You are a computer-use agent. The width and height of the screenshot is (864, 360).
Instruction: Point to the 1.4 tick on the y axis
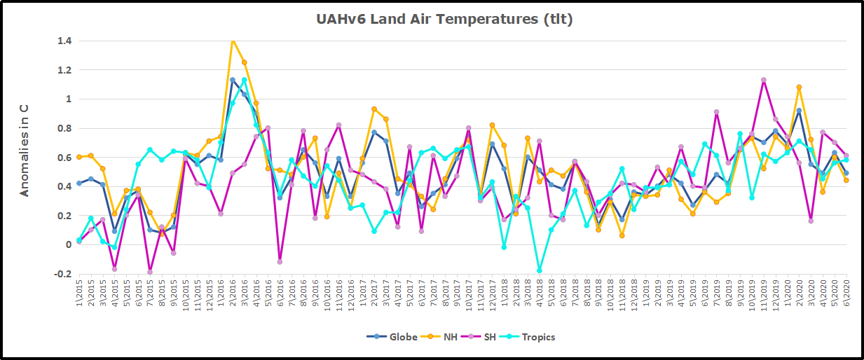coord(64,41)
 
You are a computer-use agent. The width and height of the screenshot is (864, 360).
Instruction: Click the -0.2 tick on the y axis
coord(63,274)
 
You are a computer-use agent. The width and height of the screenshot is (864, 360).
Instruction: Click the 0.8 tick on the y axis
coord(64,128)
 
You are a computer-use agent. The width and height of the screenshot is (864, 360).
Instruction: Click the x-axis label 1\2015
coord(79,290)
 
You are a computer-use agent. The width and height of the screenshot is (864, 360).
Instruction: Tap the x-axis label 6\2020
coord(846,290)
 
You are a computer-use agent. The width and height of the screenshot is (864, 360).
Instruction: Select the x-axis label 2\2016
coord(233,290)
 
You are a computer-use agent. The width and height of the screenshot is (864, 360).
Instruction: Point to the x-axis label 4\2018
coord(540,290)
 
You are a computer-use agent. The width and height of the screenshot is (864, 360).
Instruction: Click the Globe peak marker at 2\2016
coord(233,80)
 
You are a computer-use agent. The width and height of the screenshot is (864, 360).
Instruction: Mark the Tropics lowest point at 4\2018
coord(540,270)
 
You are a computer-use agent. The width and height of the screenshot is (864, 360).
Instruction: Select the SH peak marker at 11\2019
coord(763,80)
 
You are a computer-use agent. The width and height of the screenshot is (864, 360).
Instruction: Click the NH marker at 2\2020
coord(799,88)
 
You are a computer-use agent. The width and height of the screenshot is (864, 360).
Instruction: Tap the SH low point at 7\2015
coord(150,272)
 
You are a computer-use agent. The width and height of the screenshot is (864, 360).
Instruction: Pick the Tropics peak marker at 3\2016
coord(245,80)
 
